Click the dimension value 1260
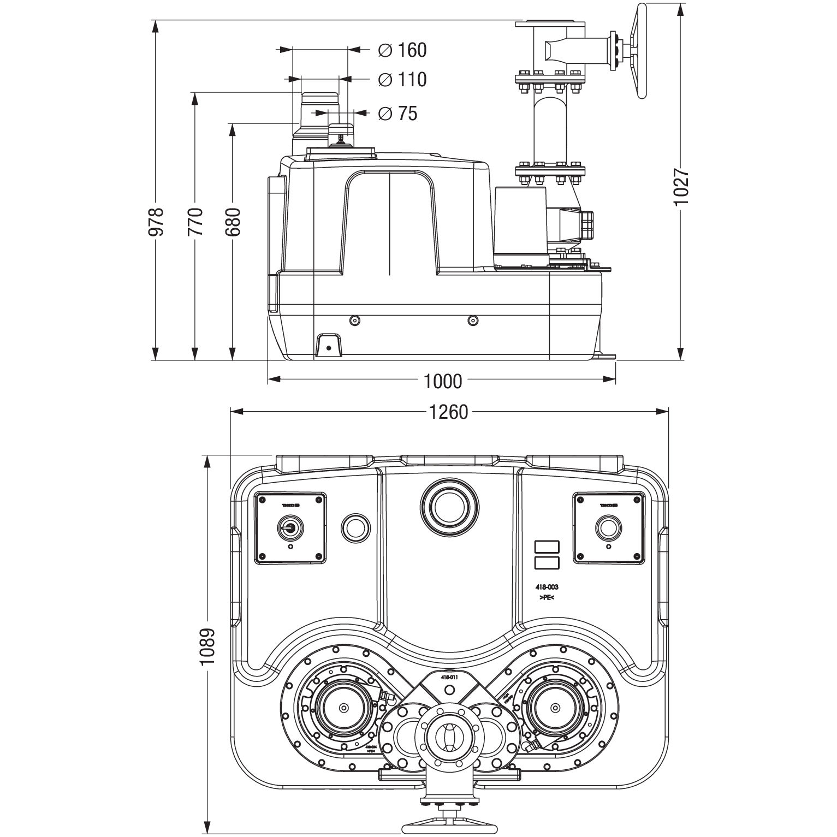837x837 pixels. [x=449, y=412]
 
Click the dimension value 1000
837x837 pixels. [x=442, y=381]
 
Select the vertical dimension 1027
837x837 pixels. [x=681, y=187]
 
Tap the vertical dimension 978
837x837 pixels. [x=156, y=221]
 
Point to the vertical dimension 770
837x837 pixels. [x=195, y=221]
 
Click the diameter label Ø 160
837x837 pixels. [x=402, y=50]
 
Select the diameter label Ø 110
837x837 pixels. [x=402, y=80]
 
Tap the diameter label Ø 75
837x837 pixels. [x=397, y=114]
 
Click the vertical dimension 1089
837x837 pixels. [x=207, y=645]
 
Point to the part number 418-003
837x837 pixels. [x=547, y=587]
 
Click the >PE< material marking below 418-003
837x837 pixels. [x=547, y=598]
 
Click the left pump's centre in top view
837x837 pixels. [x=343, y=708]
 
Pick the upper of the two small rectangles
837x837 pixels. [x=547, y=547]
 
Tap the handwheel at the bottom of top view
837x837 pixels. [x=448, y=821]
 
